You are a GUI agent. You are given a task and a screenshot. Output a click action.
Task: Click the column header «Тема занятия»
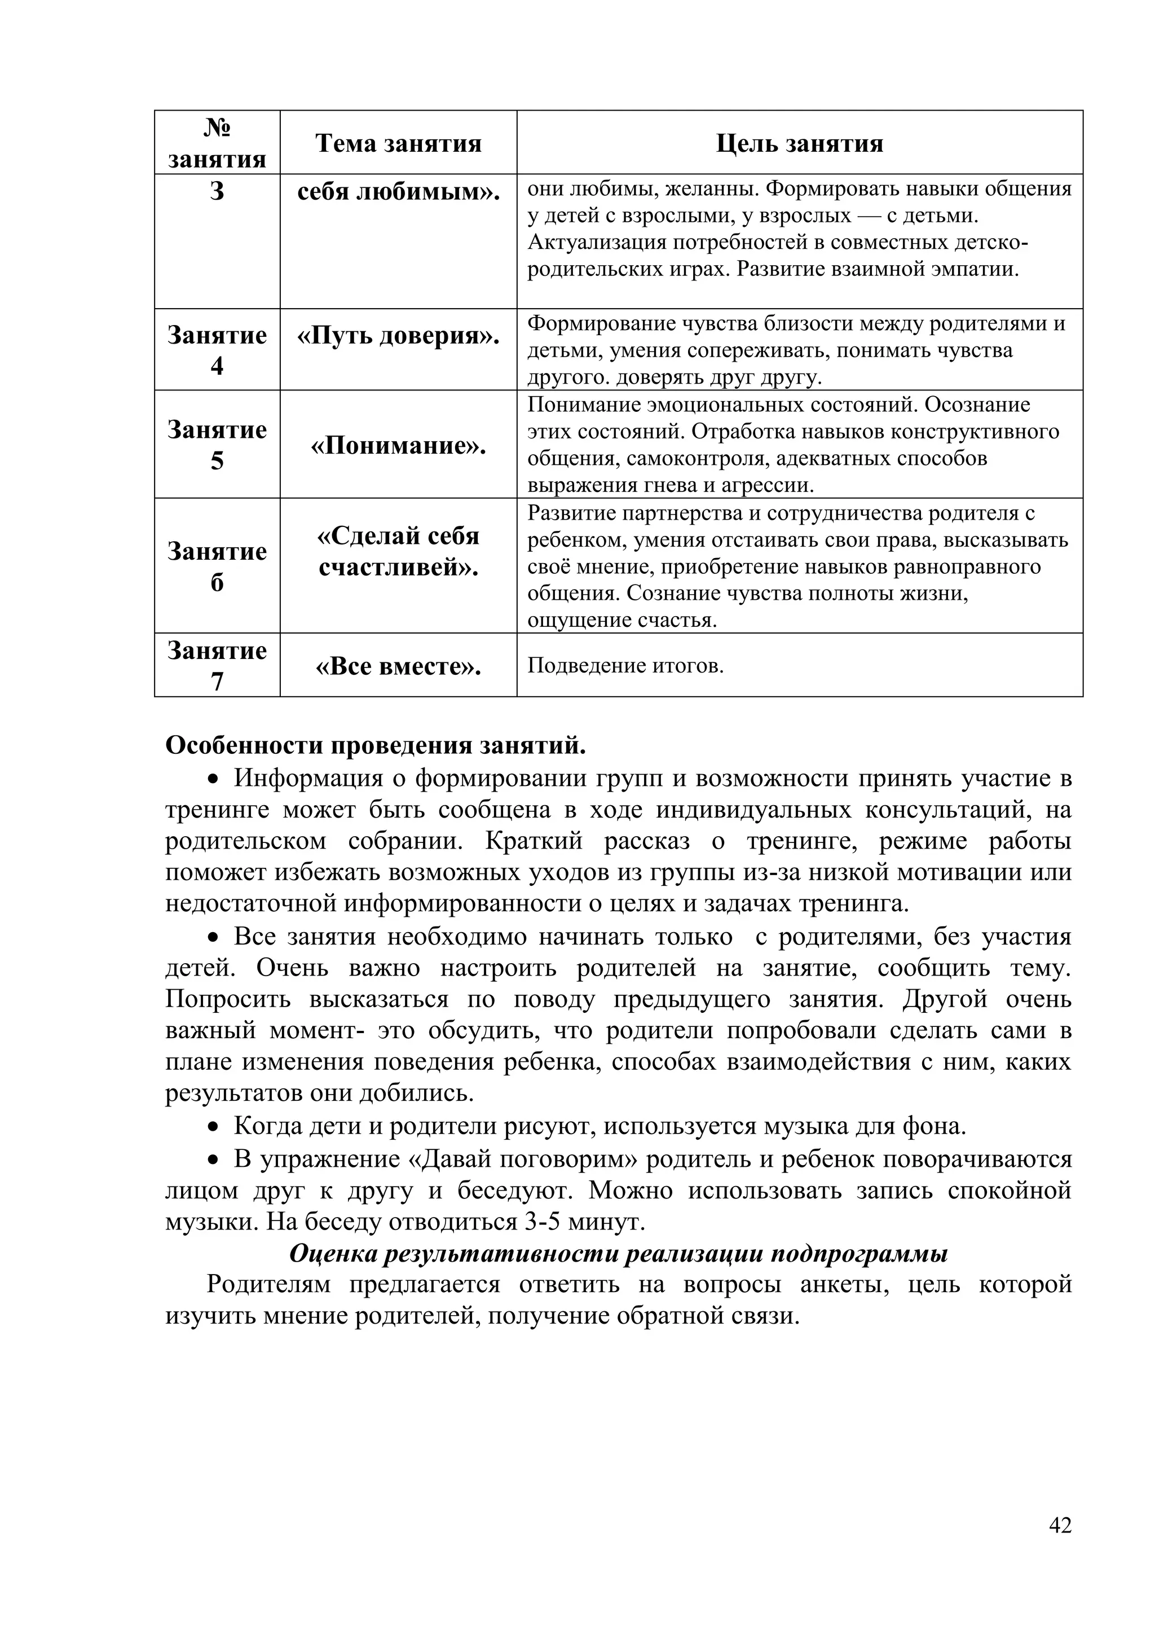click(x=398, y=143)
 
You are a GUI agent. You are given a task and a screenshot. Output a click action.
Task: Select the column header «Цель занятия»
click(x=799, y=143)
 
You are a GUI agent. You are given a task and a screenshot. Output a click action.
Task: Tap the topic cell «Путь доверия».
click(x=398, y=336)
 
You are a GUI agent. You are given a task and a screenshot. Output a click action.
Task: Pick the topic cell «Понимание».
click(x=398, y=446)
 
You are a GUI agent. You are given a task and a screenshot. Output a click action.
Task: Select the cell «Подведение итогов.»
click(x=625, y=666)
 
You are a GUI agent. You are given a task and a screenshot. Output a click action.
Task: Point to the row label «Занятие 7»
click(x=217, y=665)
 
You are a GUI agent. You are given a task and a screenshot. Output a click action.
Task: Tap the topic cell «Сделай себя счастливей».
click(x=398, y=552)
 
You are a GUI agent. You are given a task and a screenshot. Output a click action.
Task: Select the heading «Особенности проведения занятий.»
click(x=376, y=745)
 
